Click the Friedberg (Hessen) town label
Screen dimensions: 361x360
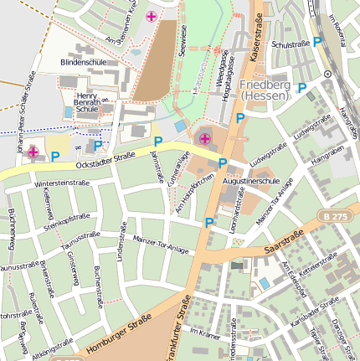click(265, 90)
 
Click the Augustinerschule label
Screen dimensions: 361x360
click(251, 180)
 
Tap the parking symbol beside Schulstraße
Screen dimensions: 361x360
click(317, 41)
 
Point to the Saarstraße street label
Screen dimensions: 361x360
click(282, 244)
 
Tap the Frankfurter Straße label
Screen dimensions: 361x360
click(176, 327)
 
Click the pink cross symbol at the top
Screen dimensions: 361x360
click(151, 17)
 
